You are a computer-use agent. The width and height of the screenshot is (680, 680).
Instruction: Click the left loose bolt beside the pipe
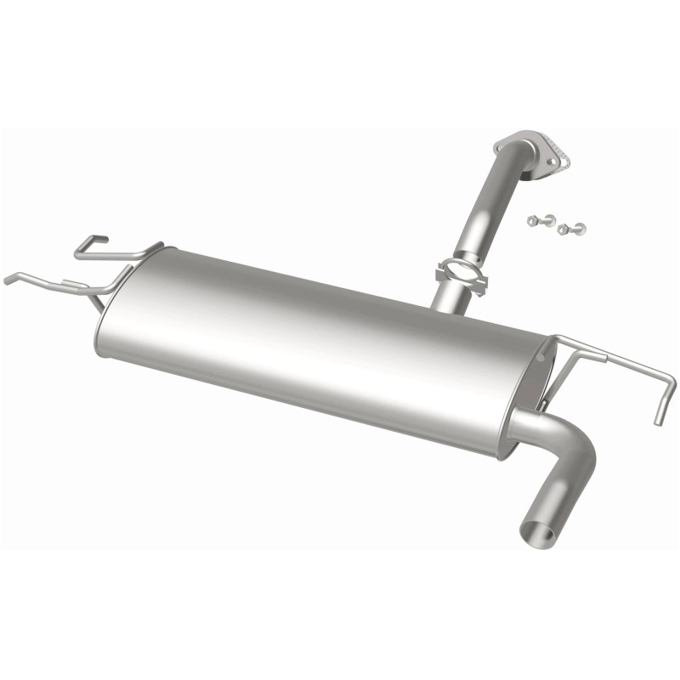(535, 221)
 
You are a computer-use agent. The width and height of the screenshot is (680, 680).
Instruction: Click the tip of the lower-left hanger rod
(8, 280)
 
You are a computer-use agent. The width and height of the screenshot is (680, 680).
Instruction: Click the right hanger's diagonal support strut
(558, 375)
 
